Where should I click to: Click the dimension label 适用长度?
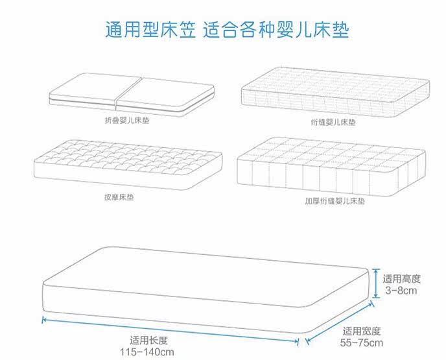(149, 340)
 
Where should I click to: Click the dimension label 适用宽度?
(362, 331)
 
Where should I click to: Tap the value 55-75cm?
(362, 342)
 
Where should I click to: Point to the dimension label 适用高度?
(402, 279)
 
